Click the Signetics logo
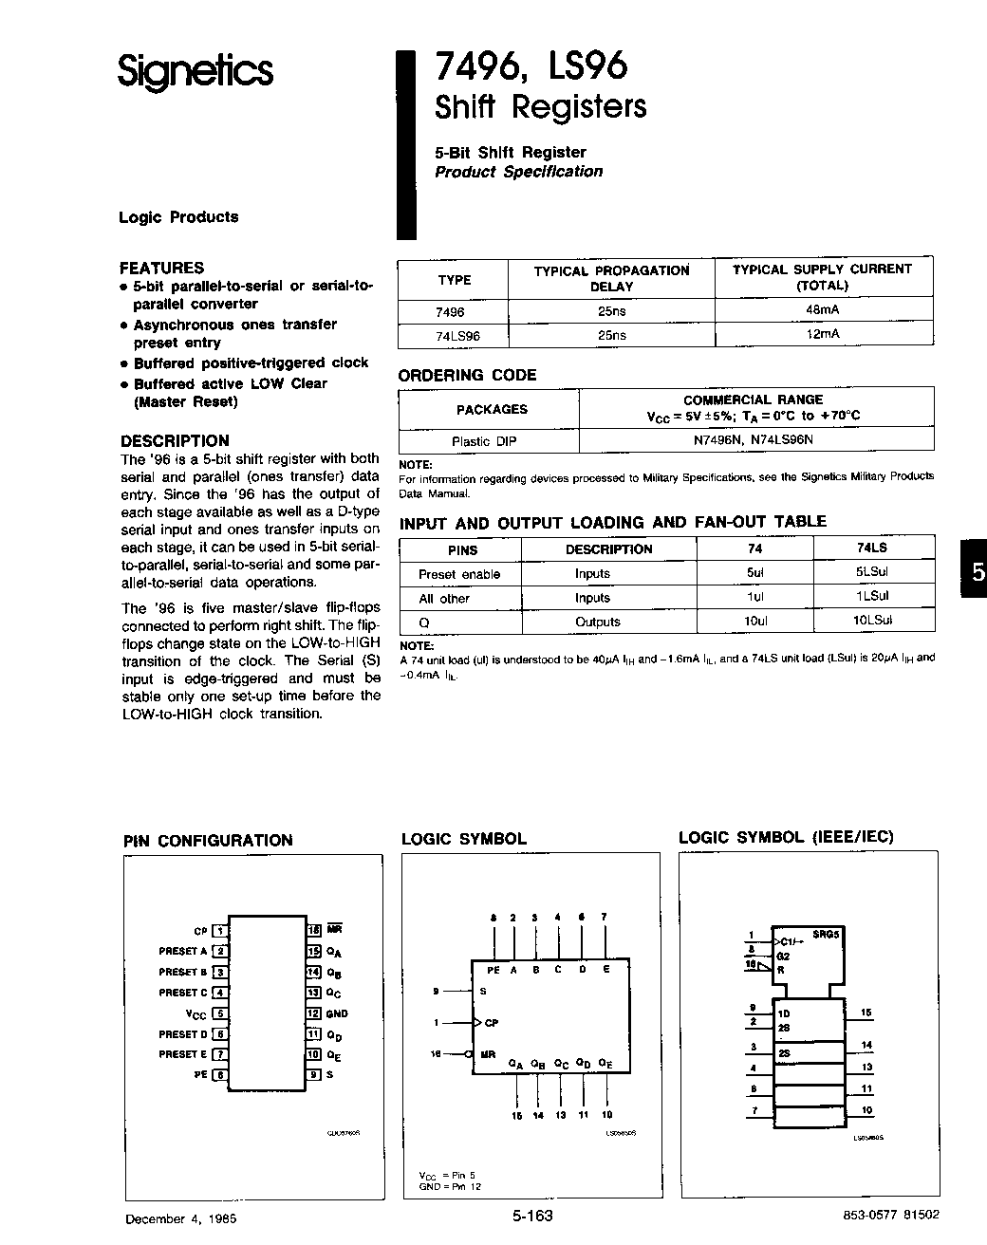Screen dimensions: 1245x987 pos(196,72)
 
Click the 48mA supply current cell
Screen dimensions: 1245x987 pos(822,310)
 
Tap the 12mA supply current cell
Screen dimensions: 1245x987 pos(822,335)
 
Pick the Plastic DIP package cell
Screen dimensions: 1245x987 pos(484,441)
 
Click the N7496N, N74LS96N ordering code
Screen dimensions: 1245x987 pos(754,440)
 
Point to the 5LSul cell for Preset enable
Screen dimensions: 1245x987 pos(871,573)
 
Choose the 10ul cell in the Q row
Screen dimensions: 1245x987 pos(755,622)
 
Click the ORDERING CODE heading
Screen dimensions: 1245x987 pos(467,376)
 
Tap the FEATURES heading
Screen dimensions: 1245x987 pos(161,268)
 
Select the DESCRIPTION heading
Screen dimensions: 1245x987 pos(175,440)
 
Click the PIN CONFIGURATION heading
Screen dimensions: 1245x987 pos(208,841)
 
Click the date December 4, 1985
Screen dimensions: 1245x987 pos(180,1218)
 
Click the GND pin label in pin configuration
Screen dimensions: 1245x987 pos(337,1013)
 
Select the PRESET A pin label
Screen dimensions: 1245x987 pos(182,951)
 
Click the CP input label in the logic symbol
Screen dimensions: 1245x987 pos(491,1023)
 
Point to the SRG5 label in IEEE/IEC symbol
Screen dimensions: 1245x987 pos(826,934)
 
